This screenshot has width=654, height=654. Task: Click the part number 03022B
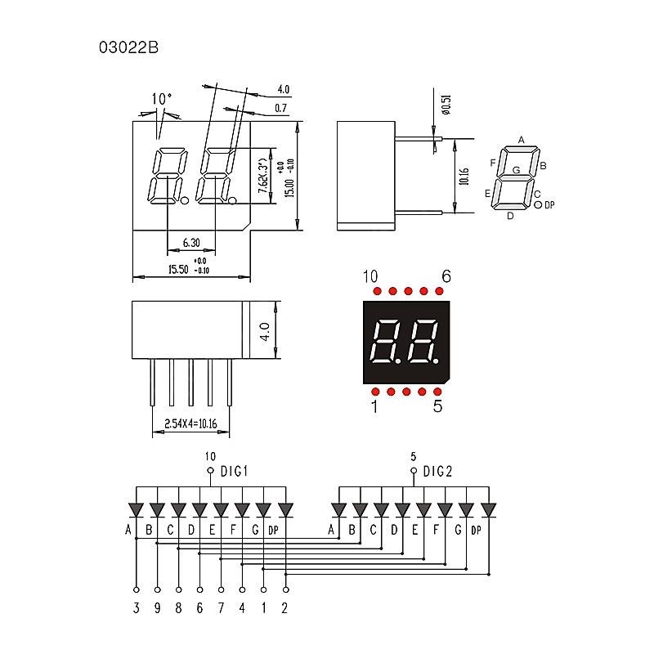click(128, 47)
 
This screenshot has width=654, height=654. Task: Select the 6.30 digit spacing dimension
click(191, 243)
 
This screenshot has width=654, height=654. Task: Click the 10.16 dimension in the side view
click(464, 177)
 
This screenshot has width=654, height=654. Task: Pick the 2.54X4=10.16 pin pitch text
click(190, 424)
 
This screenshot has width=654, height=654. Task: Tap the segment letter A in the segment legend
click(521, 140)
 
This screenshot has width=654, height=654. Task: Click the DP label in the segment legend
click(549, 204)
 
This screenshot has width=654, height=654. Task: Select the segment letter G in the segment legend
click(516, 170)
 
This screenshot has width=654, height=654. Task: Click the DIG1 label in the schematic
click(234, 472)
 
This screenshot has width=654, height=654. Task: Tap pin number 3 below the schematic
click(136, 608)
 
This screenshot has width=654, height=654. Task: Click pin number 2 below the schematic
click(284, 608)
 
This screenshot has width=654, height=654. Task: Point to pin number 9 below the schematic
click(157, 608)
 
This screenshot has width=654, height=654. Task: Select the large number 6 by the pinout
click(446, 276)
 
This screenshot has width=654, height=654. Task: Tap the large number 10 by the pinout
click(370, 276)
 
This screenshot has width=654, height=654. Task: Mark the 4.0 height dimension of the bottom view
click(264, 331)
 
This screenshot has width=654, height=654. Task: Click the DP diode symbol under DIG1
click(284, 510)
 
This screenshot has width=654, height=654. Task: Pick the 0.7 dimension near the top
click(281, 108)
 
